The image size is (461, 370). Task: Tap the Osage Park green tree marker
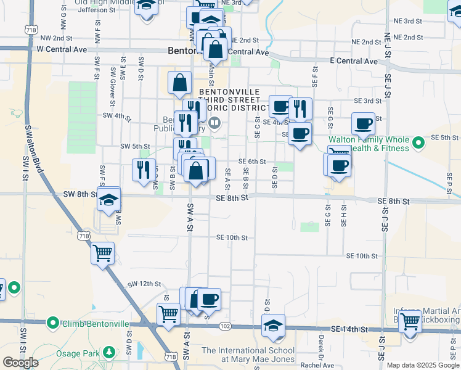(x=109, y=352)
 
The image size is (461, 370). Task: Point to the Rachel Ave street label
(x=317, y=365)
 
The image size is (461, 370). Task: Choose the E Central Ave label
(x=353, y=61)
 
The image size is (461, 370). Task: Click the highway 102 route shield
(x=225, y=326)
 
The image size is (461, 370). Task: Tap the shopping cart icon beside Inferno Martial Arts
(x=409, y=320)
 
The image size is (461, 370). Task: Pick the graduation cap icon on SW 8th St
(x=108, y=200)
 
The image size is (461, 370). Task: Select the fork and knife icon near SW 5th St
(x=143, y=168)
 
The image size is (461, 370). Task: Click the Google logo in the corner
(x=20, y=363)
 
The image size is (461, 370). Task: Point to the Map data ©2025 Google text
(x=422, y=365)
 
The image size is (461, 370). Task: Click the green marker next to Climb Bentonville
(x=53, y=323)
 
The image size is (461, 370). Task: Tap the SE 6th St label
(x=256, y=162)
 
